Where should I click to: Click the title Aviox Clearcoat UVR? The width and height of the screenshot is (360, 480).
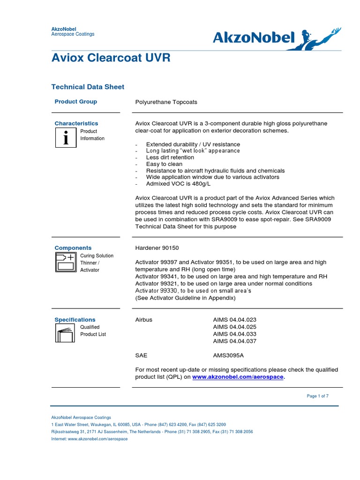[111, 58]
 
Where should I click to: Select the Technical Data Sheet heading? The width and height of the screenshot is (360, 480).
[87, 87]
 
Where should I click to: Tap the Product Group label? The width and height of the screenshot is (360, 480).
[75, 101]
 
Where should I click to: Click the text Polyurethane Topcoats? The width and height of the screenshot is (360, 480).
[166, 102]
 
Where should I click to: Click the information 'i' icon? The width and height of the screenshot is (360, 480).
[66, 138]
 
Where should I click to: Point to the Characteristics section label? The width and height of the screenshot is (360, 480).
[76, 123]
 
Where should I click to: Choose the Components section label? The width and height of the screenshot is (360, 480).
[73, 247]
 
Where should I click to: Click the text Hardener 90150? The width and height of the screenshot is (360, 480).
[157, 247]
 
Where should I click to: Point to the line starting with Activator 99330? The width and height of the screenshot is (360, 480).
[193, 291]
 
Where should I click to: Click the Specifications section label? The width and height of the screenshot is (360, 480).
[75, 320]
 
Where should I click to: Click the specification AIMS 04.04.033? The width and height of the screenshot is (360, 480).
[235, 334]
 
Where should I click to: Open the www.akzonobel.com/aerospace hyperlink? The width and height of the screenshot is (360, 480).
[238, 377]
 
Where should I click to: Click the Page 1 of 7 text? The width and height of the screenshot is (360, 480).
[317, 396]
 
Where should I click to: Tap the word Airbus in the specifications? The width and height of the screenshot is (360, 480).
[143, 320]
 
